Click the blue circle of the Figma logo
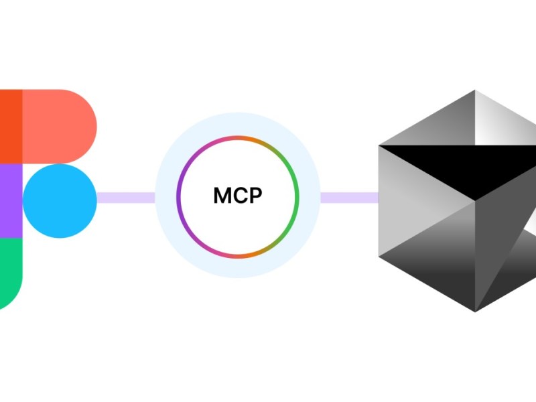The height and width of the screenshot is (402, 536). pos(60,200)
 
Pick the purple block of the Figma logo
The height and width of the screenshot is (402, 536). pos(10,200)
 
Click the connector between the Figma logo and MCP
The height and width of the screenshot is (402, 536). pos(126,198)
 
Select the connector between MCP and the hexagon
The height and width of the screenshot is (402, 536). pos(349,198)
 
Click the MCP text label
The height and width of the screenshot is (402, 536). pos(238,196)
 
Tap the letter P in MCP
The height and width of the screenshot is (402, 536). pos(256,196)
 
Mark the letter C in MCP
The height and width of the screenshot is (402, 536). pos(240,196)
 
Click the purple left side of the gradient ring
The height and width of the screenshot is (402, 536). pos(179,198)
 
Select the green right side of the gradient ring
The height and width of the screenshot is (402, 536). pos(297,198)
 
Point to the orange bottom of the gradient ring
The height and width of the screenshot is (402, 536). pos(238,257)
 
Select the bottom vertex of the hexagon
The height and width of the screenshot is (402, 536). pos(475,310)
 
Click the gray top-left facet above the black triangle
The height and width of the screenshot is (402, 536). pos(442,124)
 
